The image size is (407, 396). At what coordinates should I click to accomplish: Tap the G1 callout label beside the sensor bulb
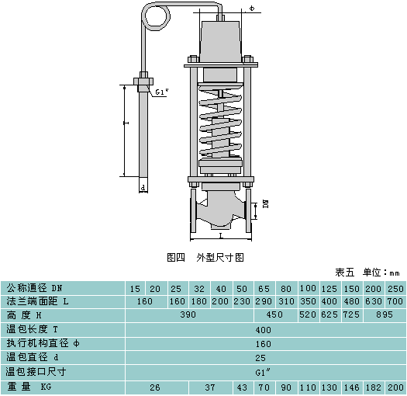(162, 92)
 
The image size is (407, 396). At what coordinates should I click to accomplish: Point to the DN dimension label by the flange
(266, 203)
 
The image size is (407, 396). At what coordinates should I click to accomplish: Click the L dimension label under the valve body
(221, 236)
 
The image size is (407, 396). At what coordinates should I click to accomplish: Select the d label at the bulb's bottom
(143, 187)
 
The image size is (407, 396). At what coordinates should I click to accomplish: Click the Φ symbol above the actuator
(252, 9)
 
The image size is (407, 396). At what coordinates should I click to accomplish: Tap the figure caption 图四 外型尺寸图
(205, 258)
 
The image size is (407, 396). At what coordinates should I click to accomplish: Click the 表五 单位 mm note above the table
(367, 273)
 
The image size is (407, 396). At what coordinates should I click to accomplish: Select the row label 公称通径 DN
(35, 288)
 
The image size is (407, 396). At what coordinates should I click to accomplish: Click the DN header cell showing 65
(264, 289)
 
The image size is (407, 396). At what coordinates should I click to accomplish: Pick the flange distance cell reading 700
(395, 301)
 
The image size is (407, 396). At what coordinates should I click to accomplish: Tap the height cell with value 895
(385, 314)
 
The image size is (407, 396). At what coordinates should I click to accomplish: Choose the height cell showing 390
(188, 314)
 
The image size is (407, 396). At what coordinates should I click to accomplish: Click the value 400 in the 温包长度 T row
(264, 330)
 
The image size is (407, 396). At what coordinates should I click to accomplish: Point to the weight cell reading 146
(352, 387)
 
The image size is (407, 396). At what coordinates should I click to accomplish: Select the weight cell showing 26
(155, 387)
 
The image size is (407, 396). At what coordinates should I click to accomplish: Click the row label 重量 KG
(29, 387)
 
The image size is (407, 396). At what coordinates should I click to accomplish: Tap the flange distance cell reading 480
(352, 301)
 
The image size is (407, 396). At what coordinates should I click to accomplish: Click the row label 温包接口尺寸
(36, 372)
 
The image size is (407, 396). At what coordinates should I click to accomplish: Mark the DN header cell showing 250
(395, 289)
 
